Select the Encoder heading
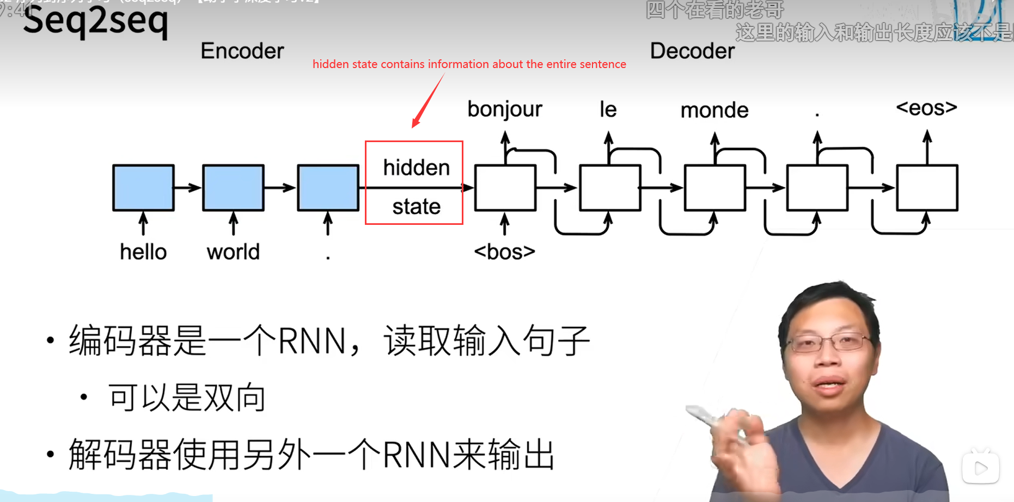(x=242, y=51)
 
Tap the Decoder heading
(x=692, y=51)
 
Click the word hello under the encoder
(x=143, y=252)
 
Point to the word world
(x=233, y=252)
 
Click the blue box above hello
(x=143, y=187)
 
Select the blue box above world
(x=233, y=187)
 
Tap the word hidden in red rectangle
(x=416, y=168)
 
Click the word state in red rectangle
(x=416, y=207)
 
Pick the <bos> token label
(x=504, y=252)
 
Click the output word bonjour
(x=504, y=109)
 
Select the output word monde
(x=714, y=111)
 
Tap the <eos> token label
(x=926, y=108)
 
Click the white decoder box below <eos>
(x=927, y=187)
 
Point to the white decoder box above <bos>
(x=505, y=187)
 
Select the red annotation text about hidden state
(x=469, y=64)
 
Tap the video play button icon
(x=980, y=468)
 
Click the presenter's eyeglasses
(x=830, y=342)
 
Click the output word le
(x=608, y=109)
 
